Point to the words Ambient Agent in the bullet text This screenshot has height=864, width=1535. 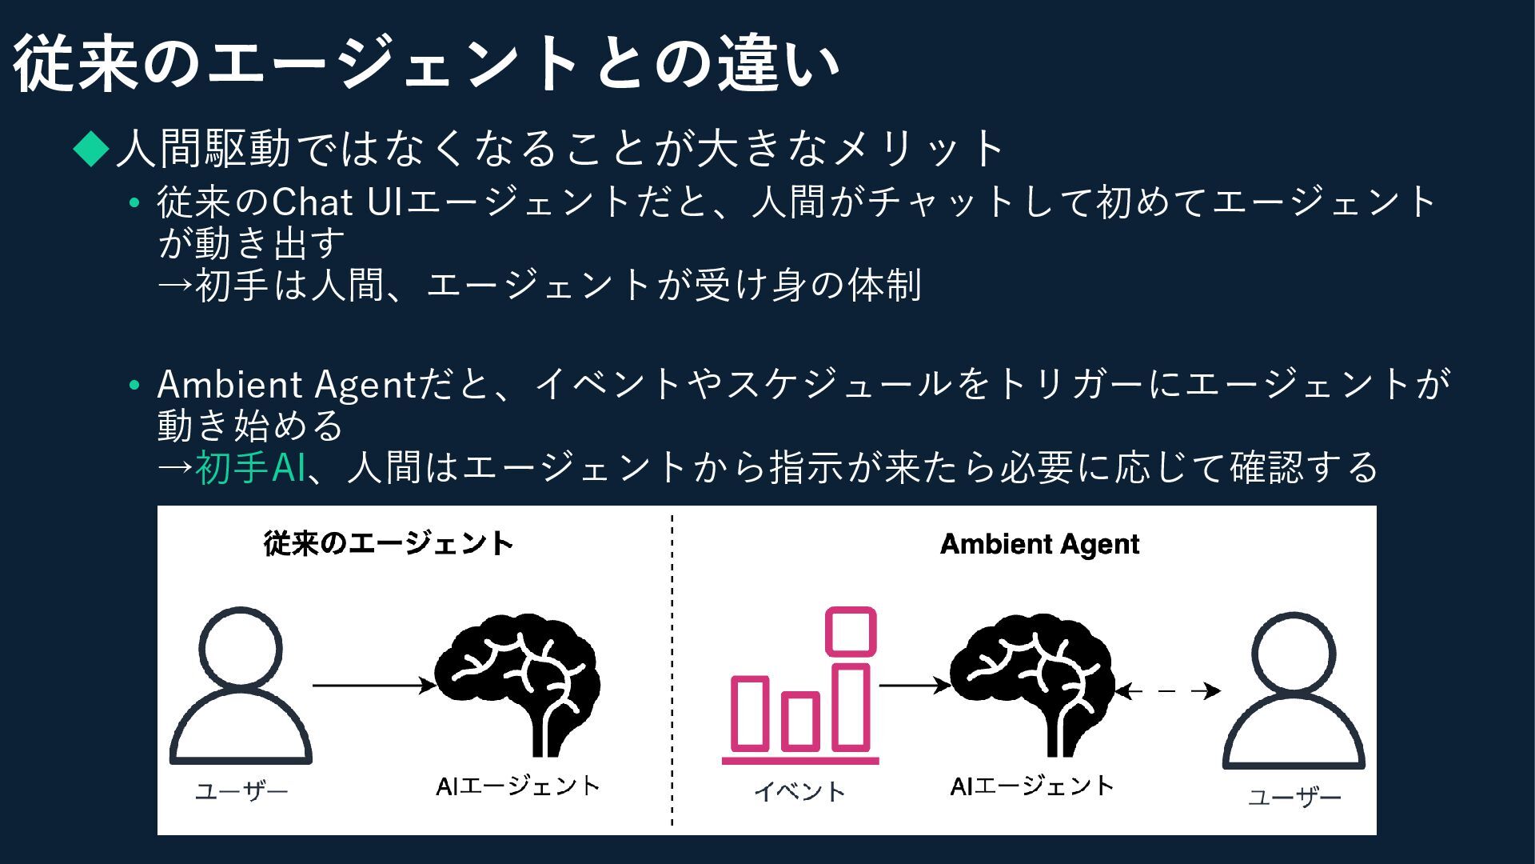click(x=285, y=385)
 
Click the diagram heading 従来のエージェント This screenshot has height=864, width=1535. click(x=389, y=544)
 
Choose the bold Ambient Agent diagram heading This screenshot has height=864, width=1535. click(x=1039, y=544)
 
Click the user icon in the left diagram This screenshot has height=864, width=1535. click(x=240, y=686)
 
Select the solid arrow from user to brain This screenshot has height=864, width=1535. click(x=373, y=686)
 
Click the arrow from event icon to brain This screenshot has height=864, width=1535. click(x=914, y=686)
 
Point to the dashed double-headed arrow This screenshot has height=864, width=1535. click(x=1167, y=691)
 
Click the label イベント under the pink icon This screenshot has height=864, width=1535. click(x=799, y=792)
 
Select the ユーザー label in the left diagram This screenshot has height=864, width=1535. click(x=241, y=792)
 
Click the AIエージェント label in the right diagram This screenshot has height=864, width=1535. click(x=1032, y=786)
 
